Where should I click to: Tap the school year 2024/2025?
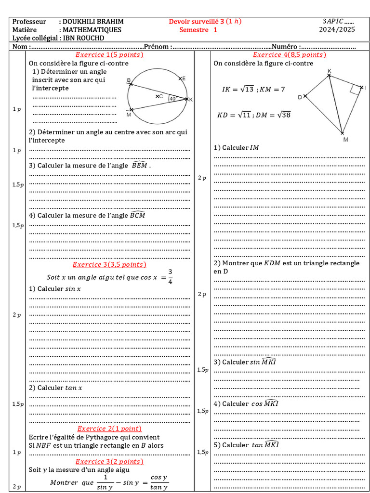pyautogui.click(x=337, y=30)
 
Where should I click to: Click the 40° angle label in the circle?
pyautogui.click(x=173, y=99)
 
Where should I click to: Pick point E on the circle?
pyautogui.click(x=181, y=78)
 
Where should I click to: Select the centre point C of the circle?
pyautogui.click(x=158, y=96)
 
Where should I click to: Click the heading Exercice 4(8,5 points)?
pyautogui.click(x=290, y=55)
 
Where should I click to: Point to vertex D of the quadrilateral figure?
pyautogui.click(x=304, y=96)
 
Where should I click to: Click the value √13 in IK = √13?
pyautogui.click(x=247, y=89)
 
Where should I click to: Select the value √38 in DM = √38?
pyautogui.click(x=284, y=115)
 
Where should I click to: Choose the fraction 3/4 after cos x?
pyautogui.click(x=170, y=277)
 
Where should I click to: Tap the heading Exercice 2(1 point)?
pyautogui.click(x=109, y=428)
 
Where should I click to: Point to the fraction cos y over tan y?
pyautogui.click(x=159, y=482)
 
